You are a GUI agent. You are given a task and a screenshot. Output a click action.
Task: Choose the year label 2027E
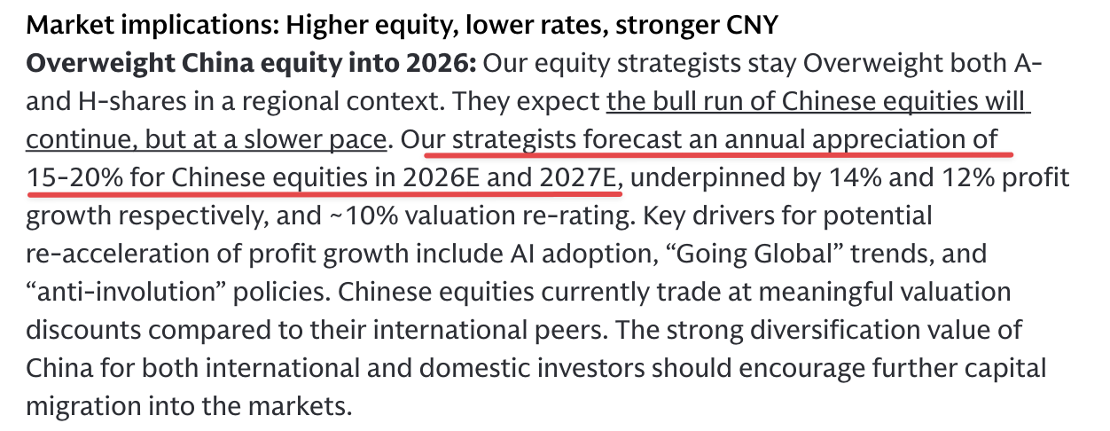[x=578, y=178]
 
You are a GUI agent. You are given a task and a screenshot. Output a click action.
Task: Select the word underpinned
[x=710, y=178]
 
